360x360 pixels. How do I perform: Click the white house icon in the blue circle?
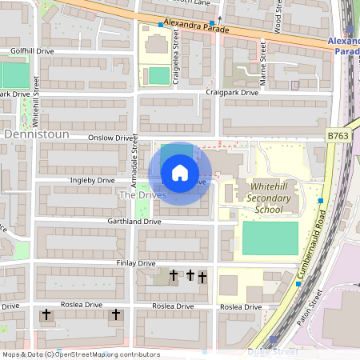[x=180, y=172]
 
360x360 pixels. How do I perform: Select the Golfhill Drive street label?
[x=33, y=51]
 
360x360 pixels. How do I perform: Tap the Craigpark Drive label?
[x=232, y=93]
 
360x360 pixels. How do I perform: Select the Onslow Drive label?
[x=111, y=138]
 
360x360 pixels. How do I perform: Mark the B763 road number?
[x=338, y=138]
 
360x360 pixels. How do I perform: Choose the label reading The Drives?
[x=142, y=195]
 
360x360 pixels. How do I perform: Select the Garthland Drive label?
[x=134, y=222]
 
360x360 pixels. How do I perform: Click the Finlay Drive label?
[x=136, y=263]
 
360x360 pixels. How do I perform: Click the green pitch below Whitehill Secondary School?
[x=270, y=238]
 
